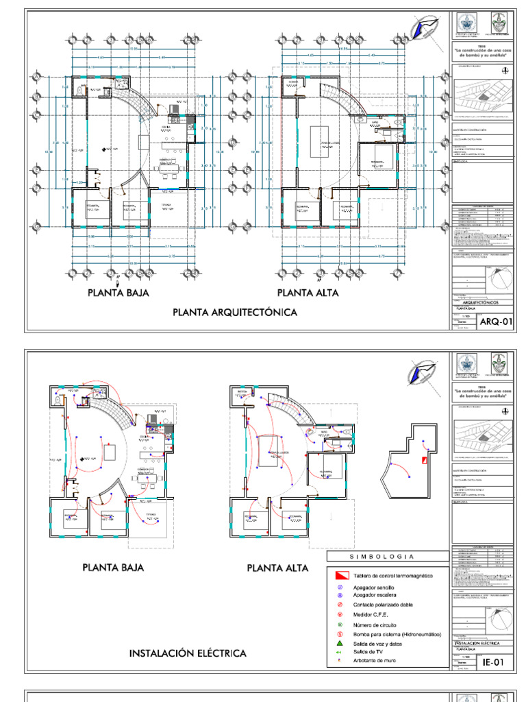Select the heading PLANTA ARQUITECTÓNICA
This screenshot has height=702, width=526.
[x=234, y=313]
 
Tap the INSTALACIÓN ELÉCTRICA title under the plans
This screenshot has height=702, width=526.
[x=188, y=653]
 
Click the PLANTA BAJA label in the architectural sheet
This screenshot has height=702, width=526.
[x=118, y=293]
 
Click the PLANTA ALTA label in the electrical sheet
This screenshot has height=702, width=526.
[x=277, y=568]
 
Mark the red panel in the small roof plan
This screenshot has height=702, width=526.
[x=425, y=461]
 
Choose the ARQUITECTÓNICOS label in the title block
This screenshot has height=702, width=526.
[x=481, y=302]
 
